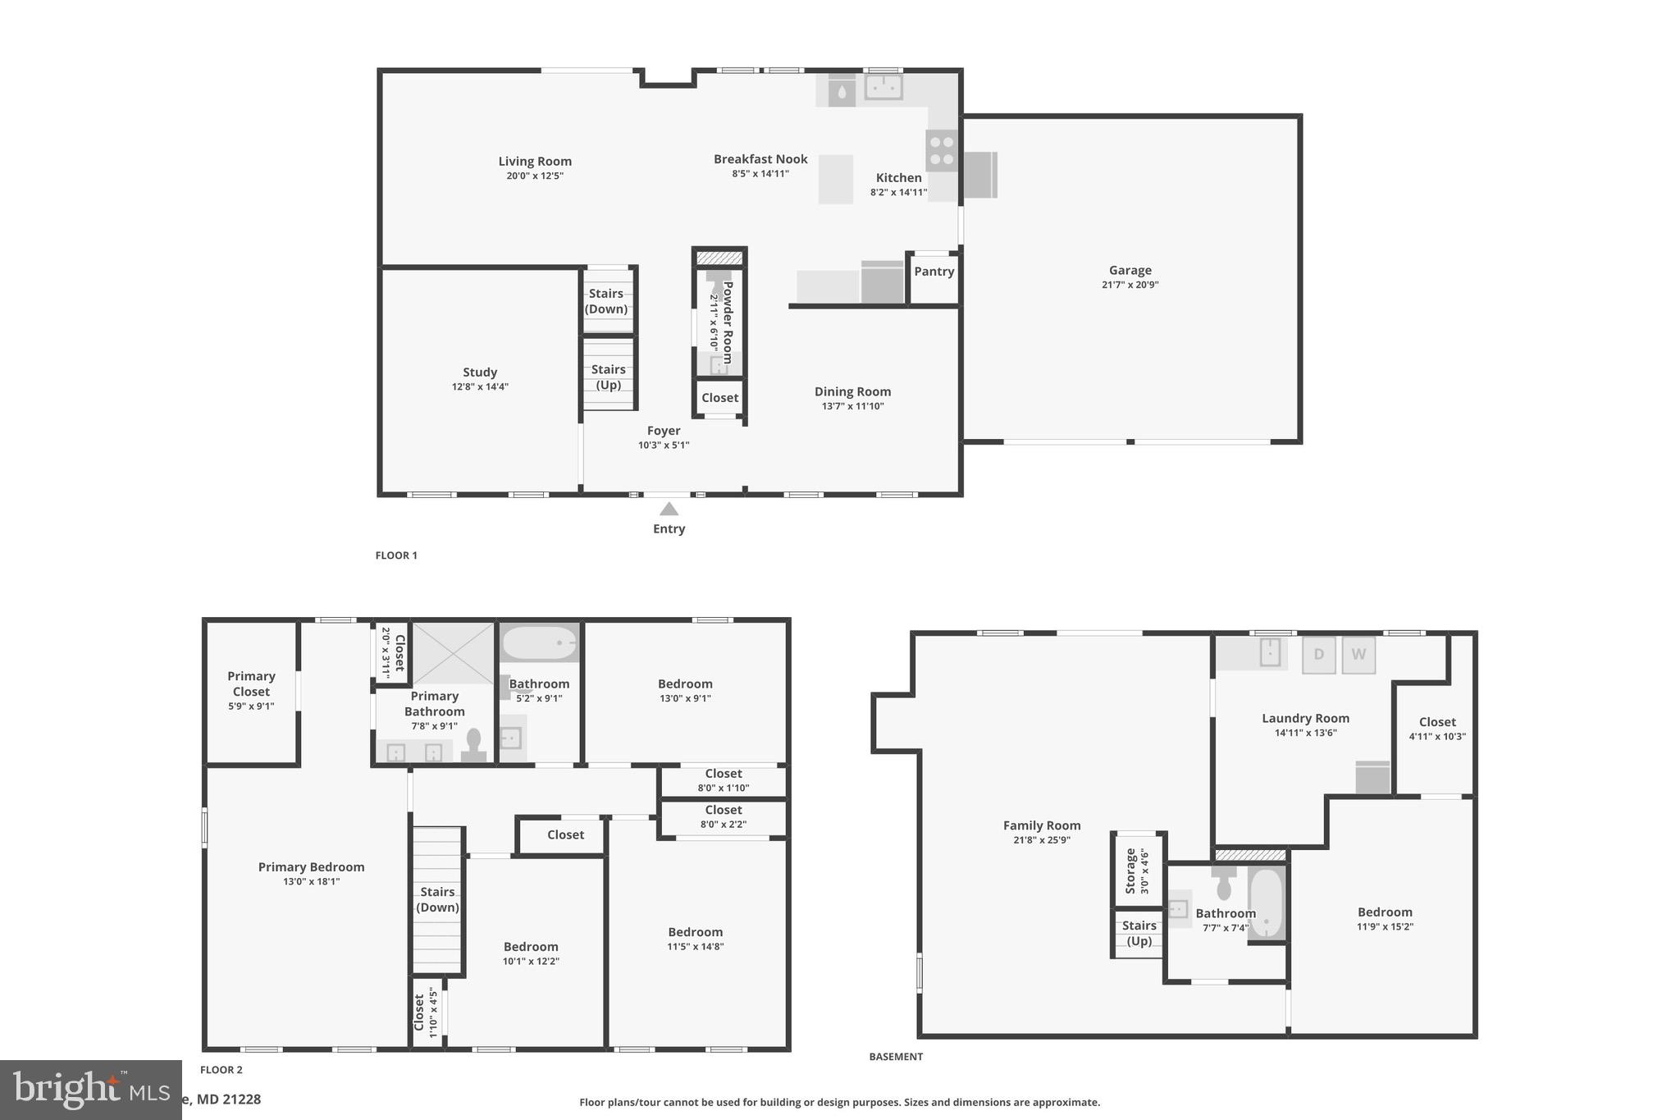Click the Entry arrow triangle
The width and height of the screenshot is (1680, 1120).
[669, 510]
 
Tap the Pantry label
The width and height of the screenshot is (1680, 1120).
[934, 272]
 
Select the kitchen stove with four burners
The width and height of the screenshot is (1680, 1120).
[942, 151]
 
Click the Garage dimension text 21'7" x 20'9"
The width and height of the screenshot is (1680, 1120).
[1130, 285]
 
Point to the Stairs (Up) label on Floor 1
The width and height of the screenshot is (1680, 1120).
[608, 377]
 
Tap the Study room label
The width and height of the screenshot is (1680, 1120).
[480, 372]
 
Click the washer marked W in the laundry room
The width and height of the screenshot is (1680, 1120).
[1358, 655]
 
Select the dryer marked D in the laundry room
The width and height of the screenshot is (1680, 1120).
[1318, 655]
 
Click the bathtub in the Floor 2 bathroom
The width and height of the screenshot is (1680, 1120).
[539, 643]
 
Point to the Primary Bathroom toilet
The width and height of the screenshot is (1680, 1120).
[473, 743]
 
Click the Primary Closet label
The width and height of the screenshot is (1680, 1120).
[251, 683]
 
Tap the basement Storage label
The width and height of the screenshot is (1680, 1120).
[1130, 871]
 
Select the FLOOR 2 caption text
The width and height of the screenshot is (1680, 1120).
[221, 1070]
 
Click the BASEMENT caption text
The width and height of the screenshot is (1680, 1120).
[896, 1057]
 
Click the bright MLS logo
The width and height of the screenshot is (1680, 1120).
[90, 1090]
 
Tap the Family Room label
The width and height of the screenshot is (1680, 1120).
[1041, 825]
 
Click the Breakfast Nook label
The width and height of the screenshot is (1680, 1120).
[760, 159]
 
